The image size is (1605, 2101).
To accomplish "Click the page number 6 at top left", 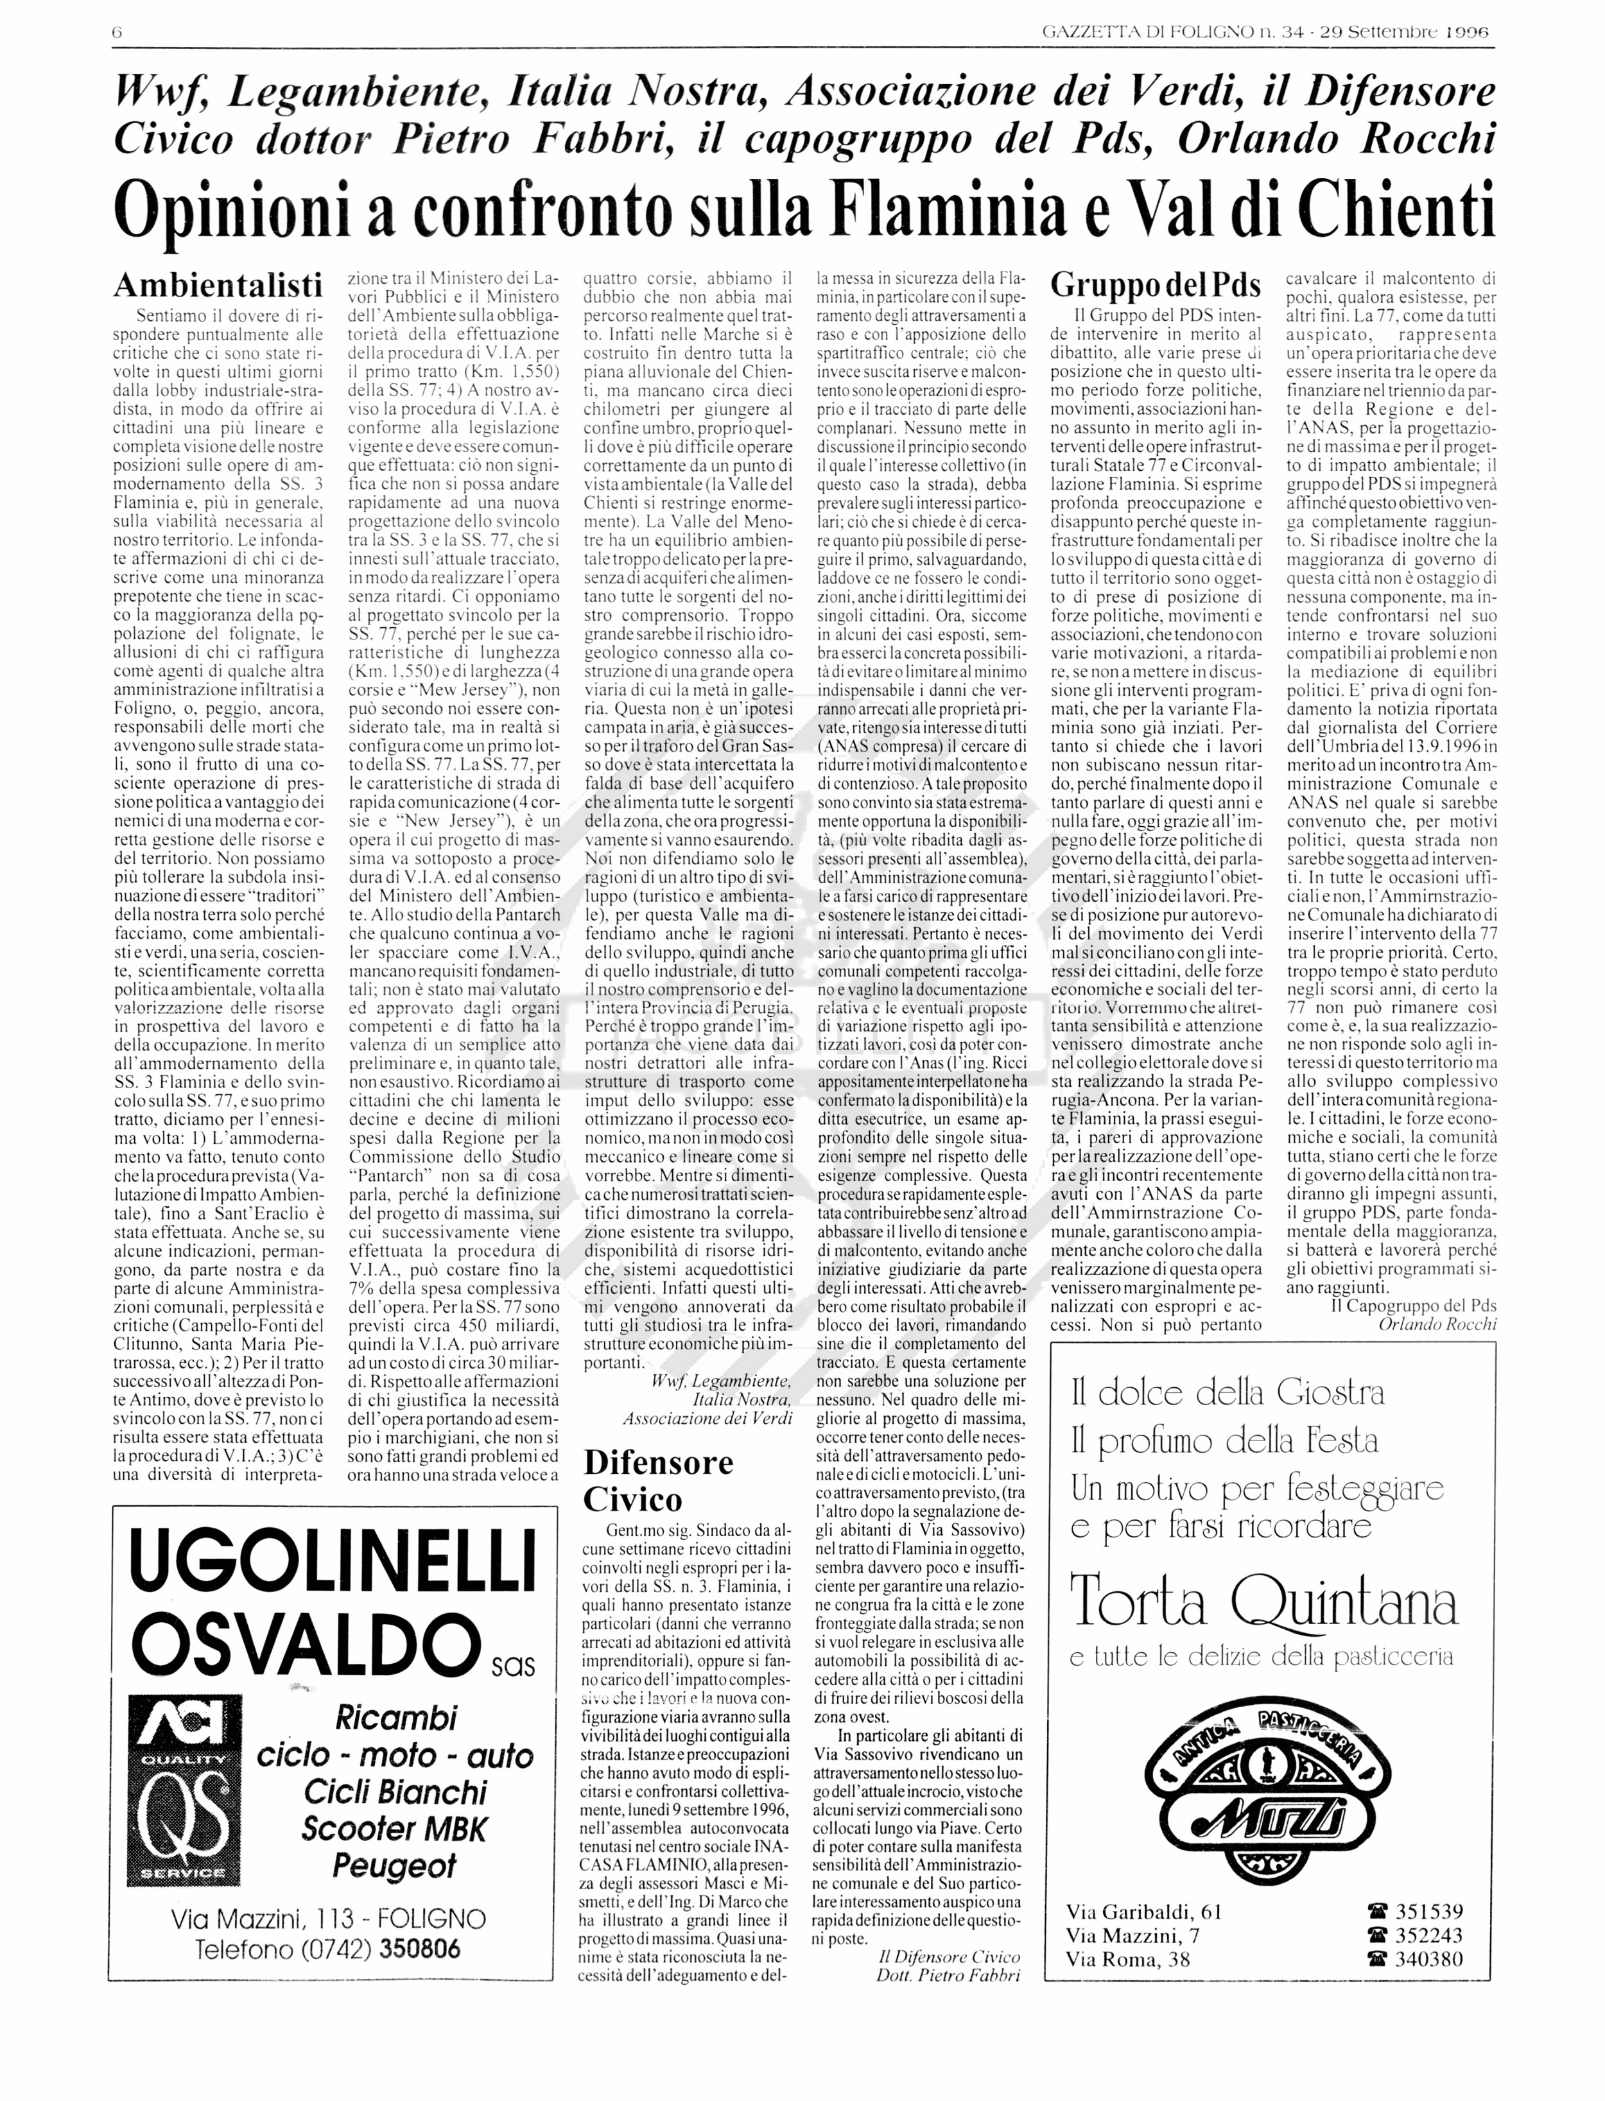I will tap(117, 33).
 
